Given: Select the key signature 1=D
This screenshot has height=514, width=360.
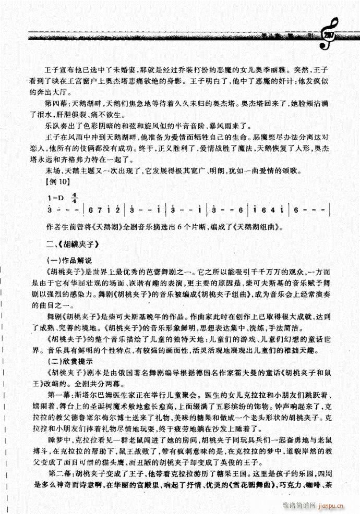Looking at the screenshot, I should (54, 199).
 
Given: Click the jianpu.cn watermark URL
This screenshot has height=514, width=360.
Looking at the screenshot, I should (339, 505).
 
